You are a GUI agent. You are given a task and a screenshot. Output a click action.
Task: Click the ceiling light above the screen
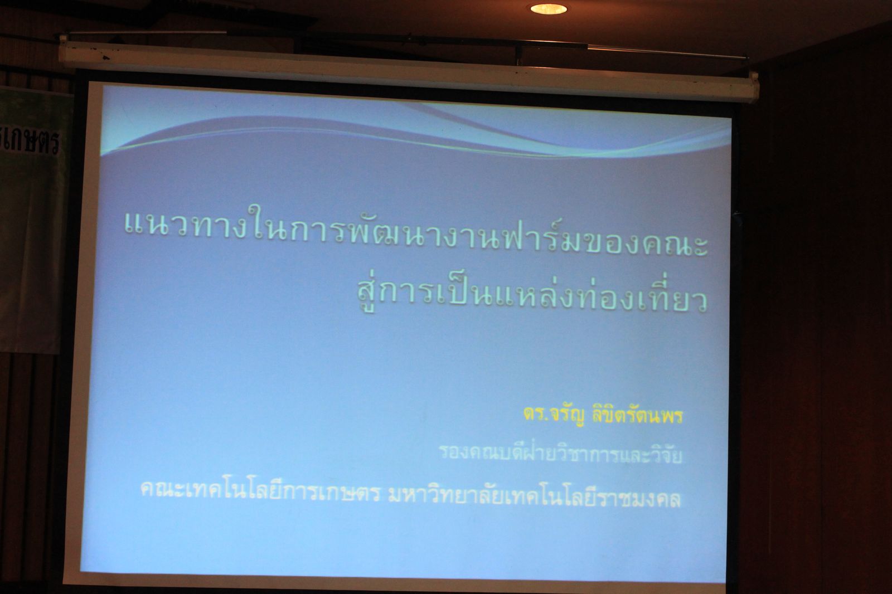549,9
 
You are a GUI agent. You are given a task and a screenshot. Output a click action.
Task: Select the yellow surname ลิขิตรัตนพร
638,416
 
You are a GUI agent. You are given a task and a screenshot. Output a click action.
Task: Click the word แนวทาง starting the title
187,226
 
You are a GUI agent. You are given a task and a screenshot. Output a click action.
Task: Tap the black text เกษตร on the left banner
32,142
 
